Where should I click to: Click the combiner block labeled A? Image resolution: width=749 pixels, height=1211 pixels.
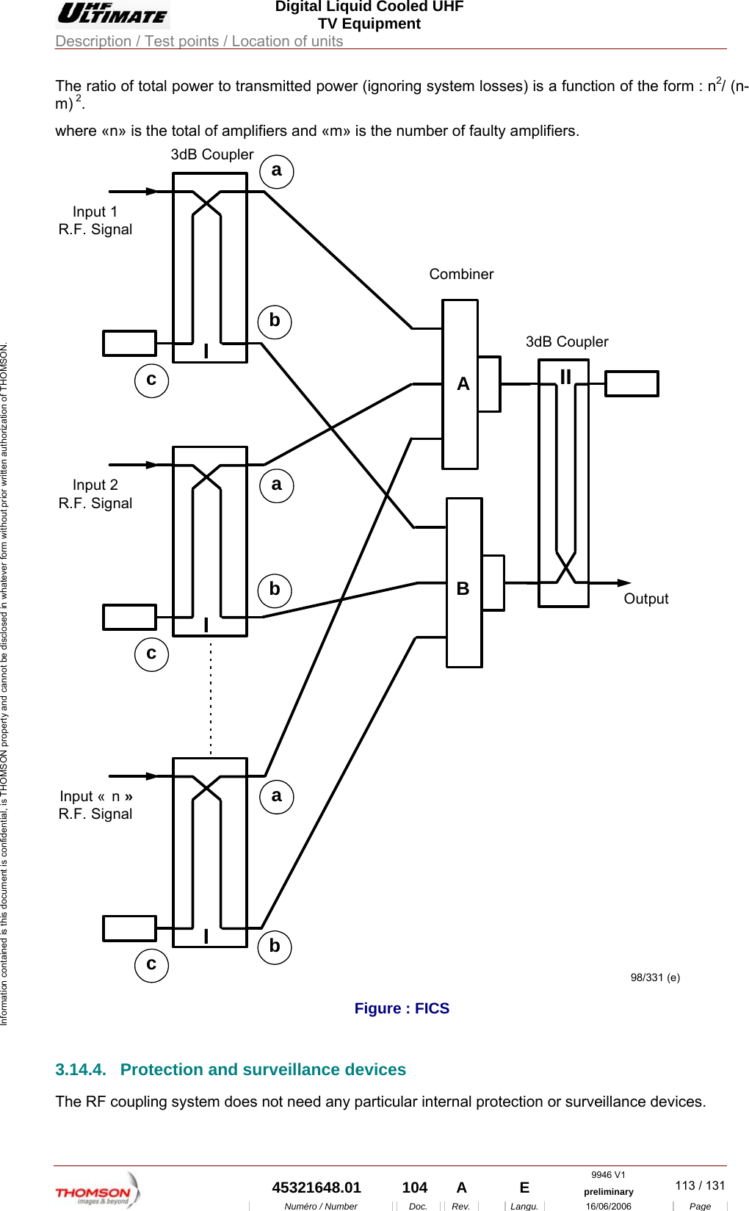[460, 384]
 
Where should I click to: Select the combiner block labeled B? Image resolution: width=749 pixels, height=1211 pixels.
[464, 583]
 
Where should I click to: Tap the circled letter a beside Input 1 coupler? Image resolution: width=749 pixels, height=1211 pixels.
[277, 171]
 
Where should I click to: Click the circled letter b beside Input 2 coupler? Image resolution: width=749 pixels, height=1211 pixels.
[275, 590]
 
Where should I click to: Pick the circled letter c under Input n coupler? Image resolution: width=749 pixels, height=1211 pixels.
[151, 964]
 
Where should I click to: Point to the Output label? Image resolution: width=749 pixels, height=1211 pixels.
[645, 599]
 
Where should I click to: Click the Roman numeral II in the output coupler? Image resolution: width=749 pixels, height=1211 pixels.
[565, 377]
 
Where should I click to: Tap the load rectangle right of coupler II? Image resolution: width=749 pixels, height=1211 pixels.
[631, 384]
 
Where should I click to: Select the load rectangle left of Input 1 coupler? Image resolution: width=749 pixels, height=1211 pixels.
[129, 343]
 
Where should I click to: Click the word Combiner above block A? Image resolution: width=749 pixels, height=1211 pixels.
[461, 274]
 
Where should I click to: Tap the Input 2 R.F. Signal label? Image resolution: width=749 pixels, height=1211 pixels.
[95, 494]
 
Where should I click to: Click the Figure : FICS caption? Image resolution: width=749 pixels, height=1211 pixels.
[402, 1008]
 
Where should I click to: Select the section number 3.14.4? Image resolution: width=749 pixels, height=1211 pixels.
[81, 1069]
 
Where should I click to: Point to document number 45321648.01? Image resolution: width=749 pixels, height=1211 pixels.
[316, 1187]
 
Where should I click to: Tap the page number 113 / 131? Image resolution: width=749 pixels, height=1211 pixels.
[699, 1185]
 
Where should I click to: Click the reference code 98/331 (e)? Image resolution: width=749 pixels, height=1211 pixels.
[655, 977]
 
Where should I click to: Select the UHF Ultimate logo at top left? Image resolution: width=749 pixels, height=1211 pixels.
[112, 14]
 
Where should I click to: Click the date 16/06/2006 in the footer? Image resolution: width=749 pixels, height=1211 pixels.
[608, 1206]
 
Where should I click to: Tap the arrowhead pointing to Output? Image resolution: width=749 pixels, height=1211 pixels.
[624, 583]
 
